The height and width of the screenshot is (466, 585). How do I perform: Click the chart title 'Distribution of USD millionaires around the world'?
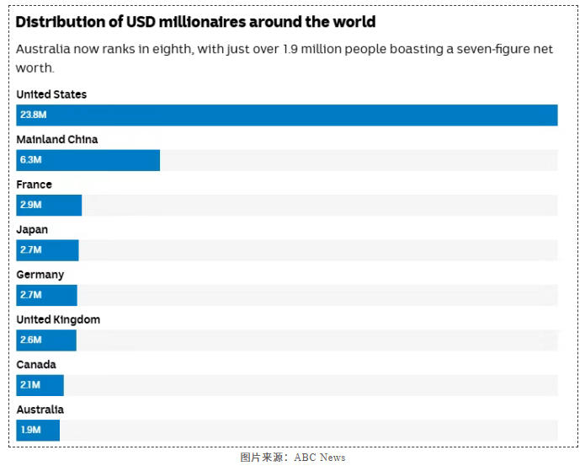195,22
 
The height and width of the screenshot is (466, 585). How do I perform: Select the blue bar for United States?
286,115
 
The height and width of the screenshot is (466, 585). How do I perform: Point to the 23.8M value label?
33,115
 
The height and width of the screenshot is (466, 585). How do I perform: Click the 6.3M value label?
31,160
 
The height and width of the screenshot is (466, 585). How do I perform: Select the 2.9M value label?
31,205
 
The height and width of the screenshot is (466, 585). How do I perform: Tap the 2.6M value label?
31,340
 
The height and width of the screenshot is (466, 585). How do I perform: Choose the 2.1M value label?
30,385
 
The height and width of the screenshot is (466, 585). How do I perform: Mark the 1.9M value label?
30,430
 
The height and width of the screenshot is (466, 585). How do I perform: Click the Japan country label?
32,229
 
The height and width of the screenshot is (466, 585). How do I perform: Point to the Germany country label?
40,275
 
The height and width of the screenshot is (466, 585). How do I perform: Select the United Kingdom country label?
58,319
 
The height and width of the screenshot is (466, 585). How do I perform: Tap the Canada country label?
36,365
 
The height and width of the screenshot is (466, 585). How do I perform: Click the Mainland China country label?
57,139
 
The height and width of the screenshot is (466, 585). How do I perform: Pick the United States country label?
51,94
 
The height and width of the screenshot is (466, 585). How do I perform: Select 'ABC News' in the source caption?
320,458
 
